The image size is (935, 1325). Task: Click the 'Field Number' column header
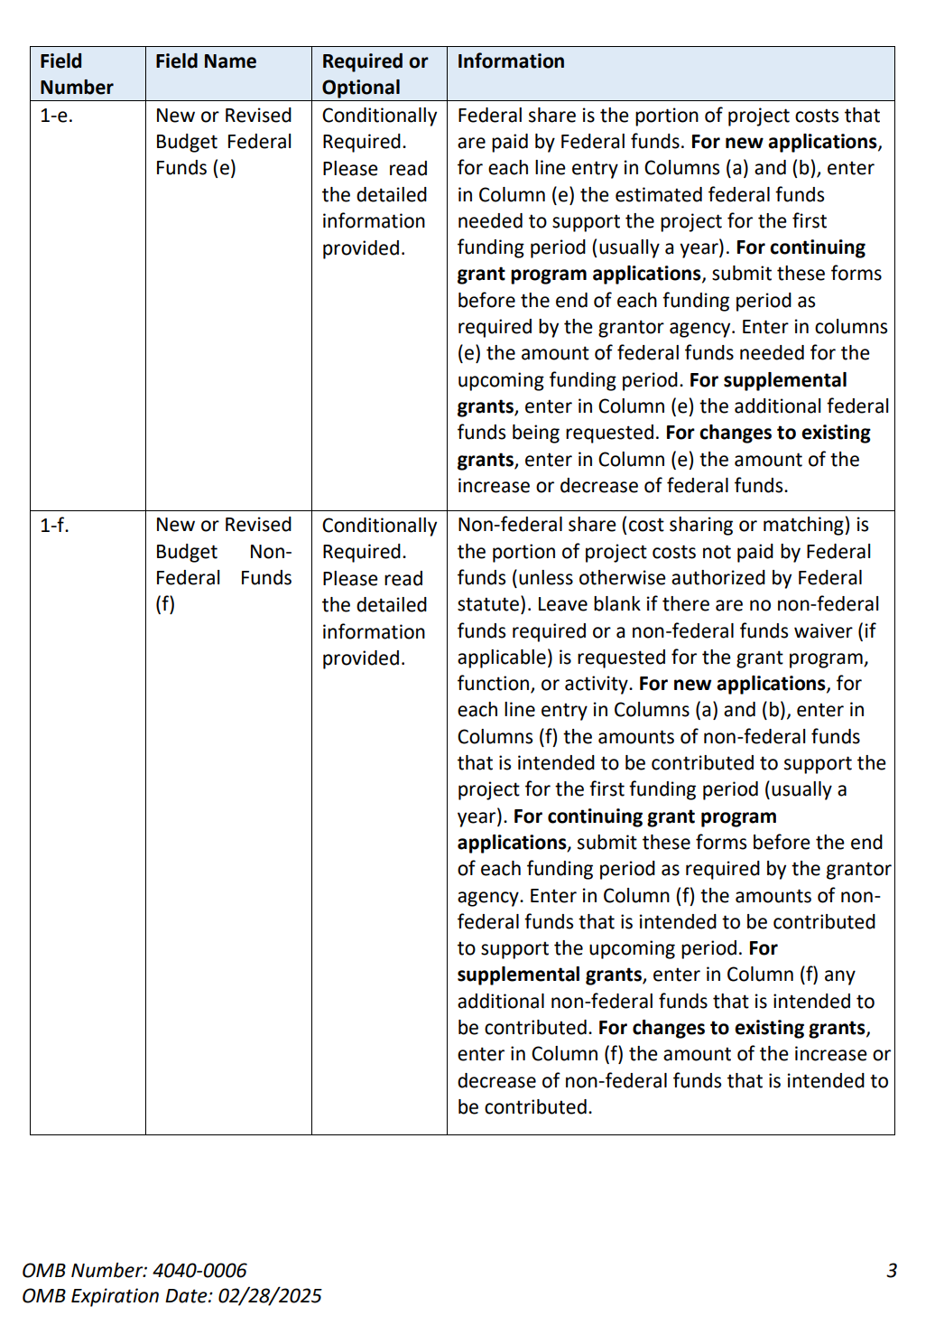[76, 74]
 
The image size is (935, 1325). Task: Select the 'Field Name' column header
[206, 61]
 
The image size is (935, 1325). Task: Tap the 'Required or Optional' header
[375, 74]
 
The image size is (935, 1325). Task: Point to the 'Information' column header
[511, 61]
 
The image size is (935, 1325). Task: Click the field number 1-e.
[56, 116]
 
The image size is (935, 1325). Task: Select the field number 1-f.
[54, 525]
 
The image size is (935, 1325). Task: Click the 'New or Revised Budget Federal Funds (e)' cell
[223, 142]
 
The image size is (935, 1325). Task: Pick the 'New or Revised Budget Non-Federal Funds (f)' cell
[223, 565]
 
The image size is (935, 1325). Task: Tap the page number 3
[892, 1271]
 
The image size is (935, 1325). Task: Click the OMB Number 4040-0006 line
[134, 1271]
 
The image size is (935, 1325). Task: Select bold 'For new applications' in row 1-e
[783, 142]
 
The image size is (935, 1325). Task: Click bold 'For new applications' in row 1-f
[732, 684]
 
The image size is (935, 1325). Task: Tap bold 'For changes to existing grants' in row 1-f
[732, 1028]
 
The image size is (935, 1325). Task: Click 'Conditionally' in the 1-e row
[379, 116]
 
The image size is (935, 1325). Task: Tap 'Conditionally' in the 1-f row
[379, 526]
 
